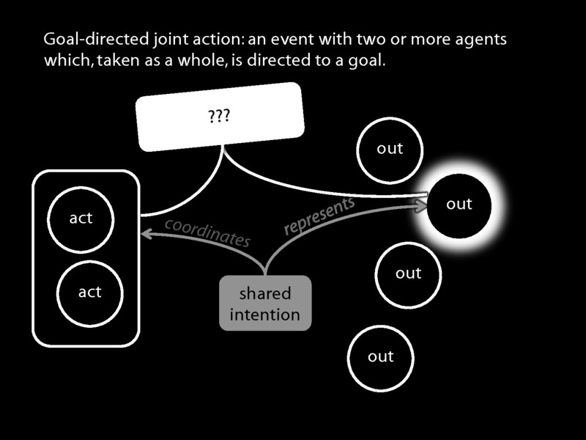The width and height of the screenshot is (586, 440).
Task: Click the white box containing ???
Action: click(220, 117)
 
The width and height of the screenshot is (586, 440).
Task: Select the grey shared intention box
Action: click(265, 304)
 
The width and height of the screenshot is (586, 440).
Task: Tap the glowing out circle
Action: click(459, 205)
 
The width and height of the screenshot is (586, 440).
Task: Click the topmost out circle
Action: click(390, 149)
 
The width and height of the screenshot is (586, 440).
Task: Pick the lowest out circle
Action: click(381, 357)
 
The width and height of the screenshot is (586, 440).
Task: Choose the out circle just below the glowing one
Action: click(408, 274)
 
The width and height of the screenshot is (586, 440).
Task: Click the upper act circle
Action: click(81, 218)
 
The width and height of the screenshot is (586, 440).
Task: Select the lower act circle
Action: click(89, 292)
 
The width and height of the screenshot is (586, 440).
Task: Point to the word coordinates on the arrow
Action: click(207, 231)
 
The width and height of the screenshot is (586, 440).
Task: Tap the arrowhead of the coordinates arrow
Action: click(146, 234)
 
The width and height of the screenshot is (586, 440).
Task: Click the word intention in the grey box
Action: click(265, 315)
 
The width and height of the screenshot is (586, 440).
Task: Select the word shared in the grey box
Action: click(265, 294)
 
